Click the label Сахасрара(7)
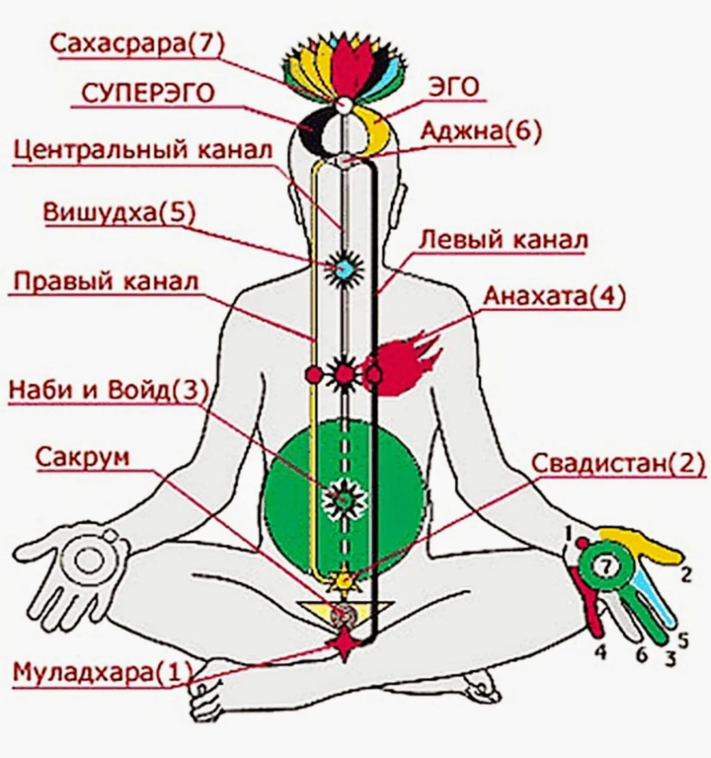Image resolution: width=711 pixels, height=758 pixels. tap(137, 44)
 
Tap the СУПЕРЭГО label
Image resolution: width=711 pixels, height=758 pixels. tap(148, 93)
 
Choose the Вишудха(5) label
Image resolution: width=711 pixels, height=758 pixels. tap(119, 213)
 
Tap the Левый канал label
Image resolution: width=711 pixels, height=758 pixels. tap(503, 240)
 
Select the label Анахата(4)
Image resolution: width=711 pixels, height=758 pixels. tap(554, 297)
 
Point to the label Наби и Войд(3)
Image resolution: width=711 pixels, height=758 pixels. tap(108, 390)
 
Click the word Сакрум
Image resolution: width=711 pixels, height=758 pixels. tap(82, 458)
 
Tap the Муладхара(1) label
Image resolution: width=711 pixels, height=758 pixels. tap(102, 672)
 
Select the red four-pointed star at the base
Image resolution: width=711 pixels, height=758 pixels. tap(344, 644)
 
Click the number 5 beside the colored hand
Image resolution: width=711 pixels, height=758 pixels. tap(683, 641)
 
